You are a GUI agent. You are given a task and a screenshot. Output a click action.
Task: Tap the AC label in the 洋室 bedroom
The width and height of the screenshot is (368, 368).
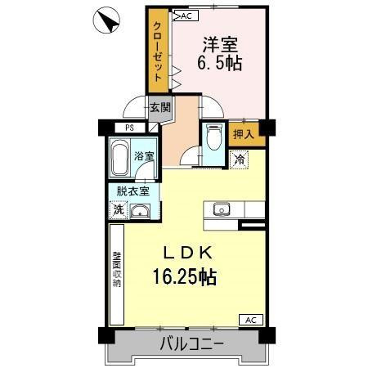point(184,16)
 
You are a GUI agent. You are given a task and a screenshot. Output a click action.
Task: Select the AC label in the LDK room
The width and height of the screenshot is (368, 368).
point(251,320)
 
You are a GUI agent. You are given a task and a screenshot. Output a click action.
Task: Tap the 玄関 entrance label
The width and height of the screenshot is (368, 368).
point(159,106)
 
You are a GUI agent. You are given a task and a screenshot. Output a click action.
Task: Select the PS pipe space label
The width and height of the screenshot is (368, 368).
point(129,128)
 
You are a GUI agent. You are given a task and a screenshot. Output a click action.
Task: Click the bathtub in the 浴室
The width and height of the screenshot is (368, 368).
point(120,159)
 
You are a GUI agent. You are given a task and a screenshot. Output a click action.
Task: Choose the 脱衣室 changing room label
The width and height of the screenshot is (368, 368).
point(132,191)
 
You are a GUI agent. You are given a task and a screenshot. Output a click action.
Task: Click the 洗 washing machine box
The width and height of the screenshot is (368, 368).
point(119,209)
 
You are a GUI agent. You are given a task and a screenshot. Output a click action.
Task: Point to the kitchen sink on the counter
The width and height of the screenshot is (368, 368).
point(222,209)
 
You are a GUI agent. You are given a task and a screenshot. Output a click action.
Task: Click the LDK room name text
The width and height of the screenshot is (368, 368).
point(191,253)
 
